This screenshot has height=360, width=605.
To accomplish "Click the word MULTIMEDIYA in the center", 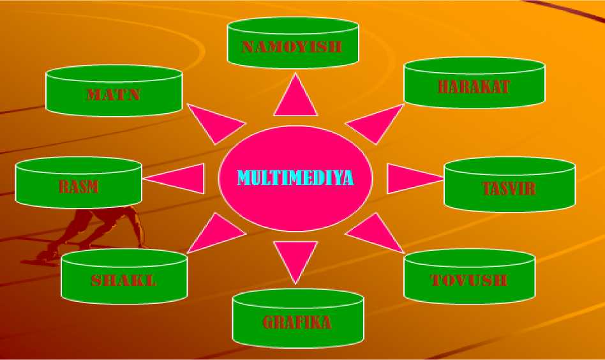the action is point(295,177).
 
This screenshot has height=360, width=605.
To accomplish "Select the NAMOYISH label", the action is point(292,47).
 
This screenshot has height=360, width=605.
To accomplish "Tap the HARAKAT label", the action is point(474,87).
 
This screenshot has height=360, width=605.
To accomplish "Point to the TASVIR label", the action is point(509,189).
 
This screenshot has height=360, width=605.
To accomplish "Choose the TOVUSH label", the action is point(469,280).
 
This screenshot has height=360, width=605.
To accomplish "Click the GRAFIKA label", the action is point(297,322).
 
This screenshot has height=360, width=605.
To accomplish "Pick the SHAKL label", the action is point(124,280).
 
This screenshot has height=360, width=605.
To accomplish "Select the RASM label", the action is point(78,187).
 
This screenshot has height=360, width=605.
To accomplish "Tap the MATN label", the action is point(114,96).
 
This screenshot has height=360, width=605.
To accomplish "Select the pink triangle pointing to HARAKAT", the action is point(371,124).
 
